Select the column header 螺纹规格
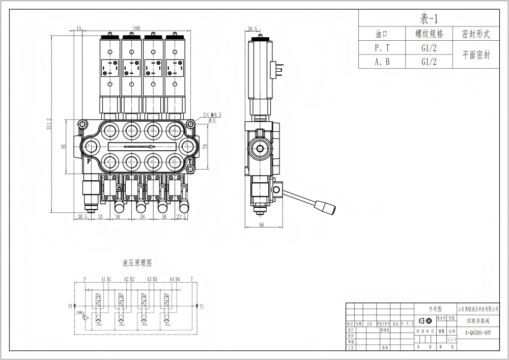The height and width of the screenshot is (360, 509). (x=429, y=34)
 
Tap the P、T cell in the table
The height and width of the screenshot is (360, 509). (x=382, y=48)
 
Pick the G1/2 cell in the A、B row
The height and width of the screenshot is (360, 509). (x=429, y=62)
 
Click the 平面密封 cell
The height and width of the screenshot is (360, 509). (x=476, y=55)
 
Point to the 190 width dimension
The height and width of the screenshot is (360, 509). (x=137, y=29)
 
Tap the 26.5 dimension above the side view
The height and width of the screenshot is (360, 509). (x=252, y=29)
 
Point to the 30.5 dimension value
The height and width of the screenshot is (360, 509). (x=82, y=216)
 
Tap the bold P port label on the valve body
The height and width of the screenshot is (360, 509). (x=88, y=161)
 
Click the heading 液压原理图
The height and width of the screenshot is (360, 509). (x=137, y=263)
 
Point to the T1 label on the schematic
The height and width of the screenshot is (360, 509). (x=202, y=307)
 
